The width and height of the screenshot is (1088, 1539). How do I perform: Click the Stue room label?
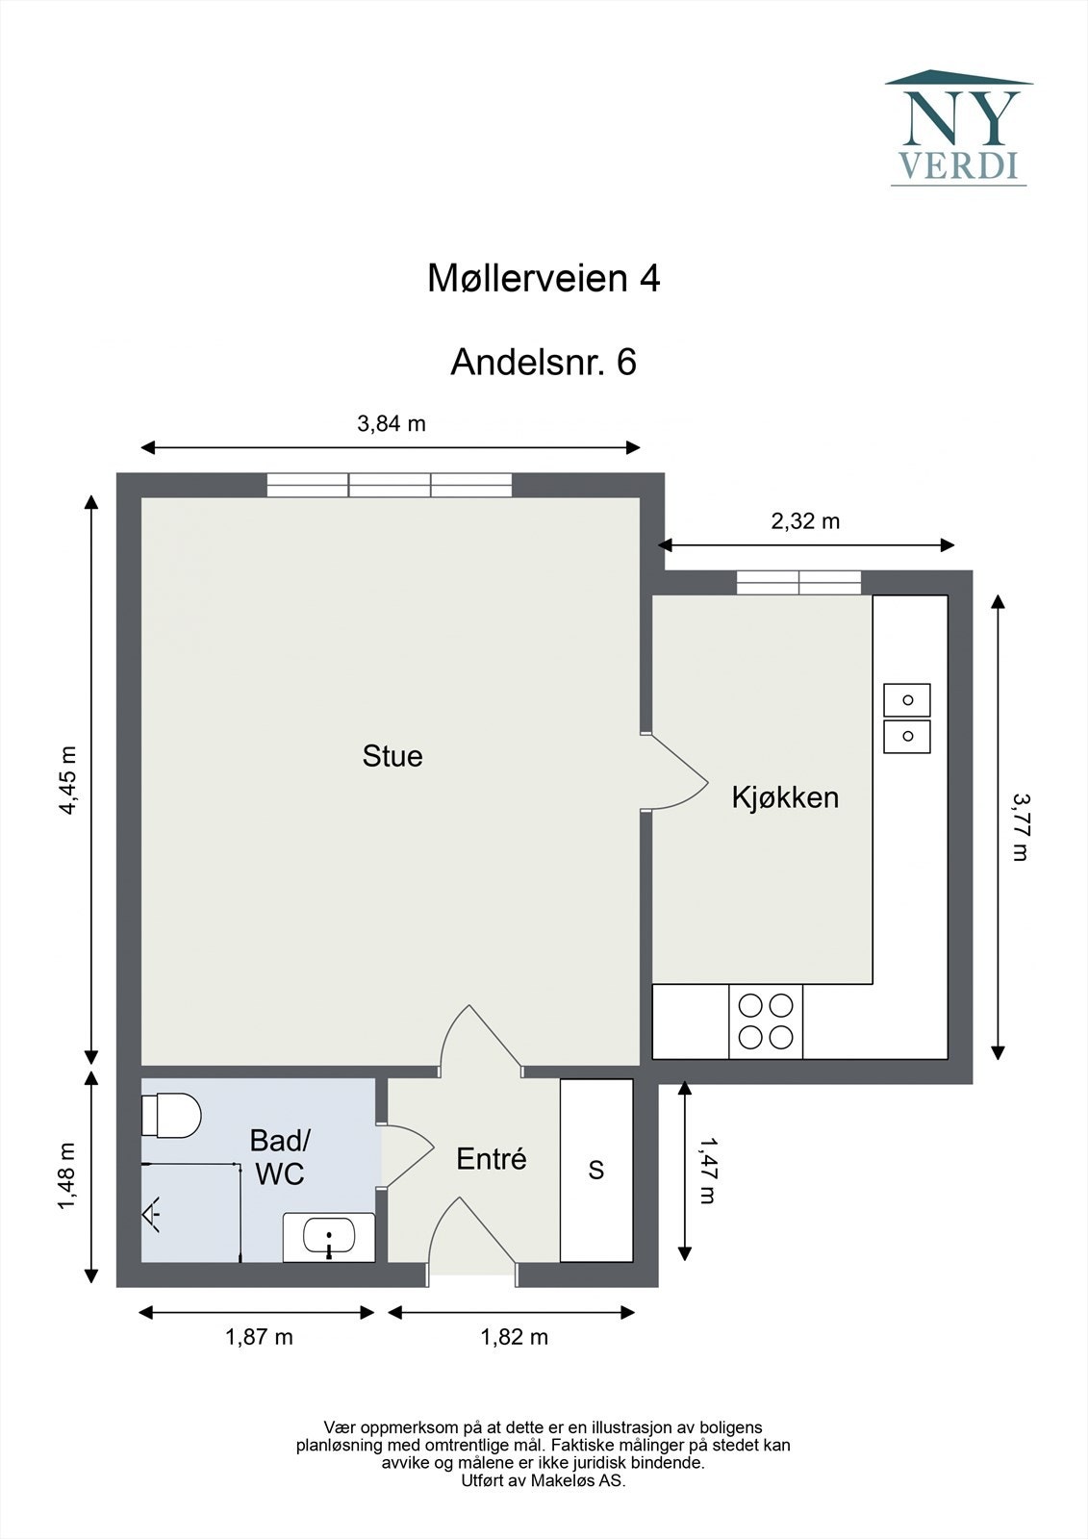pos(392,756)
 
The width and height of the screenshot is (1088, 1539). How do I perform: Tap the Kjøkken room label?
pos(785,797)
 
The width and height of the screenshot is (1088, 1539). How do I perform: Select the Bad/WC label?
pos(279,1156)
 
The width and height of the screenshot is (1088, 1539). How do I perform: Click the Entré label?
pos(491,1159)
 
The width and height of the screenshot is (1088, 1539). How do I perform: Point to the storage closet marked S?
pos(596,1170)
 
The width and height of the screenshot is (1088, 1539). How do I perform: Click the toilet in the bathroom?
pos(171,1115)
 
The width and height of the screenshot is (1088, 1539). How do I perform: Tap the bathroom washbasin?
pos(329,1236)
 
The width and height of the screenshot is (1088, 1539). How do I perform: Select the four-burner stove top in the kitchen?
pos(766,1022)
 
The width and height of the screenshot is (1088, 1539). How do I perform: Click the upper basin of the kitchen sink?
pos(907,700)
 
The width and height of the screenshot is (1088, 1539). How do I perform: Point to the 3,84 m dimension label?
pos(392,423)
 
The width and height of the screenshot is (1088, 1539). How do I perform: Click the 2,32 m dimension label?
pos(805,521)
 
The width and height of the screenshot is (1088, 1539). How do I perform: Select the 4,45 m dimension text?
pos(67,780)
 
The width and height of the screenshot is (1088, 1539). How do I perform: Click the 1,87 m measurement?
pos(259,1337)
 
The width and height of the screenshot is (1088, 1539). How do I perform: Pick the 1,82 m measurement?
pos(514,1337)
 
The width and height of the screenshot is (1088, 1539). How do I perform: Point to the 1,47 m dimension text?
pos(708,1170)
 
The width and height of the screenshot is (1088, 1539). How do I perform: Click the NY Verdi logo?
pos(958,128)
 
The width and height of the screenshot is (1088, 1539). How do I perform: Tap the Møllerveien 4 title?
pos(544,279)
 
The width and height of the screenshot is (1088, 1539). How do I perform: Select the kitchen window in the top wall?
pos(798,582)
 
